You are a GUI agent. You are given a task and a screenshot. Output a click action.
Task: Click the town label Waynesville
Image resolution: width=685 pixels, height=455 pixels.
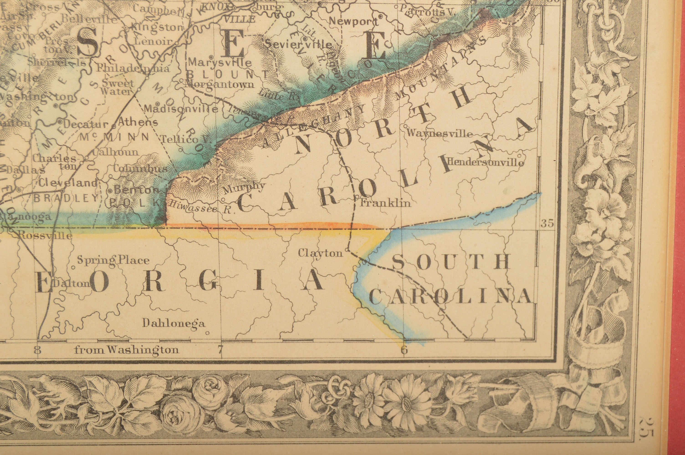(439, 134)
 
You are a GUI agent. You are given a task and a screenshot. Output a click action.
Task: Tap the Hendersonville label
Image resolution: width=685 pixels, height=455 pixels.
(486, 162)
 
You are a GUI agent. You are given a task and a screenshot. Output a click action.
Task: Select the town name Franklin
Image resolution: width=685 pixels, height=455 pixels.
(385, 203)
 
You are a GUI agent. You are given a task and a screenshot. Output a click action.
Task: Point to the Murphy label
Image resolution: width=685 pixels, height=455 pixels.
(244, 187)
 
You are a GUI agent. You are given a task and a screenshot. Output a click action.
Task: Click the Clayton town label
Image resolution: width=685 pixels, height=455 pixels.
(320, 253)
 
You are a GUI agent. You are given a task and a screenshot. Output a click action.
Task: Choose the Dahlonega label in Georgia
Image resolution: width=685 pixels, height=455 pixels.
(173, 323)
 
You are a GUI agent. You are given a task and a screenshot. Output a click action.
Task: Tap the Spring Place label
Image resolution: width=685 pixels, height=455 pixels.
(113, 260)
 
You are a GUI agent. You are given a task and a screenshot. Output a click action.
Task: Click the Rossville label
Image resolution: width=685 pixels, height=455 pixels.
(45, 235)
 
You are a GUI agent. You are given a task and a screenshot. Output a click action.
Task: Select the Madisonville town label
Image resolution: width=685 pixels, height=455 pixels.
(181, 109)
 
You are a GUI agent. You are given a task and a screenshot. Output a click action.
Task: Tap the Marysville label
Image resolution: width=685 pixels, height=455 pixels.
(220, 62)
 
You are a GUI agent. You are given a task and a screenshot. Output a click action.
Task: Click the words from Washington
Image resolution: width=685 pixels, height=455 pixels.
(126, 350)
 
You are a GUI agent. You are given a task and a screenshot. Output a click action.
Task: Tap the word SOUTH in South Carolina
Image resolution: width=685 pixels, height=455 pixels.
(451, 262)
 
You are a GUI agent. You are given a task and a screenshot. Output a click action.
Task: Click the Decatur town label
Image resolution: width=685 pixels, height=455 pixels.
(85, 124)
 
